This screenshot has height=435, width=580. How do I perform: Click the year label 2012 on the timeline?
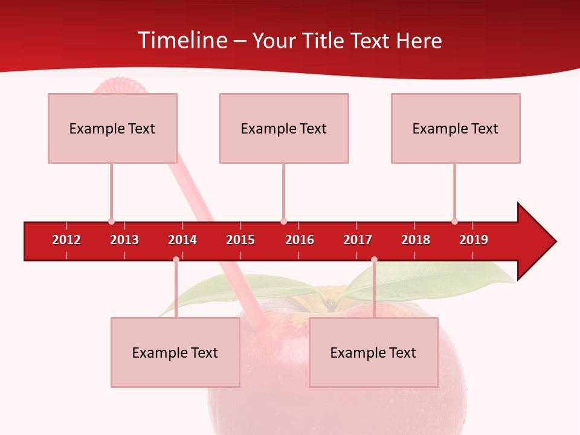66,240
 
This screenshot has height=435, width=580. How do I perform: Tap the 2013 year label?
124,240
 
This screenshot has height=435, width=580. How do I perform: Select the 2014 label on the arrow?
182,240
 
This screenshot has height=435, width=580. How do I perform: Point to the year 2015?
240,240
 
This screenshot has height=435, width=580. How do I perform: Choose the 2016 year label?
300,240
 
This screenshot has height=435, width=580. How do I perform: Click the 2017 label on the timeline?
358,240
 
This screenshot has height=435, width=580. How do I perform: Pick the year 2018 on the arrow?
416,240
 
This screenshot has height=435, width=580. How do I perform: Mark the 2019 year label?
474,240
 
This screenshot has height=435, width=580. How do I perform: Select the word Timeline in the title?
183,40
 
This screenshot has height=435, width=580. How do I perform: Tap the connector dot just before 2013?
111,222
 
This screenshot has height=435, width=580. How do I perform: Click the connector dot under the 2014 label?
176,259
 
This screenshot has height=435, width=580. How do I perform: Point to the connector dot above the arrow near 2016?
283,222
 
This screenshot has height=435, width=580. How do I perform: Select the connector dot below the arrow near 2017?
374,259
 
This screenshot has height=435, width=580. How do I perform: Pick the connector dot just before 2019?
454,222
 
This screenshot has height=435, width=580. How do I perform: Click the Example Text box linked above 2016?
283,128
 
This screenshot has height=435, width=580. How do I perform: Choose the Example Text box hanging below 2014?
175,352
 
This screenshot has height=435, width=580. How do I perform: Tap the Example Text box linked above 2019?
455,128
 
